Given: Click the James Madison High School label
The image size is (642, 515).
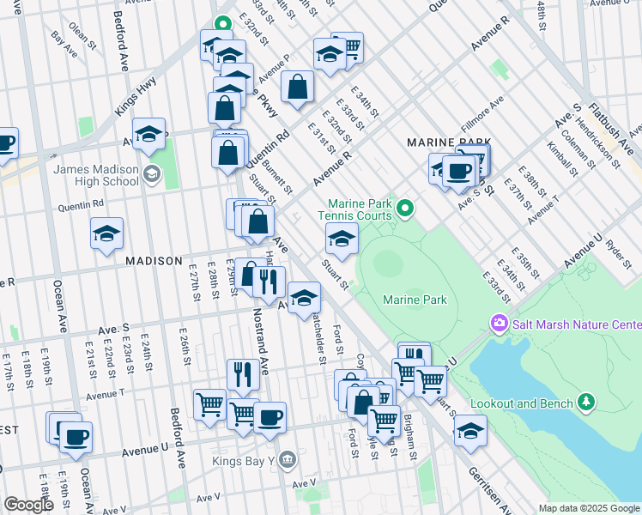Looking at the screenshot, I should (95, 175).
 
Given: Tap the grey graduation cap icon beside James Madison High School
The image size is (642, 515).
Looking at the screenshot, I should (152, 175).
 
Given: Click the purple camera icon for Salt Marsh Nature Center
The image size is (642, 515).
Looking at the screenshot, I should (499, 324).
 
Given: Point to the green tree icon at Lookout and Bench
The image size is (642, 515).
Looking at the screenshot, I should (587, 402).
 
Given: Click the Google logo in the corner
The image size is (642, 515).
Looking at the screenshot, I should (30, 505).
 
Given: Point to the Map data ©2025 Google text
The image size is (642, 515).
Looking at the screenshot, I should (588, 508).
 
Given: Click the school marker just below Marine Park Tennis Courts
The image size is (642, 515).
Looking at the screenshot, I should (342, 240).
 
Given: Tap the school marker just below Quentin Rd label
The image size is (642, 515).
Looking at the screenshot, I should (106, 233).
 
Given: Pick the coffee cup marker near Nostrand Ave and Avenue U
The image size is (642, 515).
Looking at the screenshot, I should (270, 417).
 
